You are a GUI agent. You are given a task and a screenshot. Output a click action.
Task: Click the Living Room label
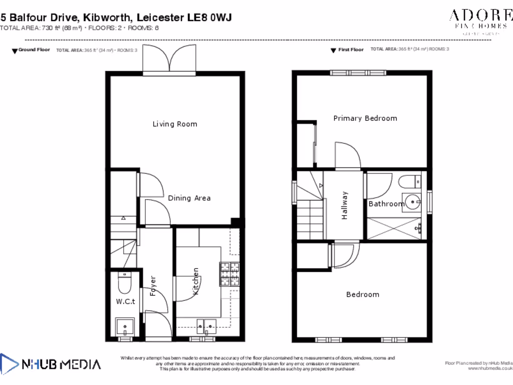click(175, 124)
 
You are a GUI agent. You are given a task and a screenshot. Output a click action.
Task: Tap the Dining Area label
click(189, 198)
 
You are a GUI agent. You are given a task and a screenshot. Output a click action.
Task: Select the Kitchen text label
click(196, 281)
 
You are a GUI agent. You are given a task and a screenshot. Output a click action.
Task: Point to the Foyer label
click(153, 286)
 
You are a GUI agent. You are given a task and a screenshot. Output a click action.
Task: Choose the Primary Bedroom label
click(365, 118)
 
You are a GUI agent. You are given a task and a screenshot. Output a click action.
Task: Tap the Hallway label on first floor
click(345, 206)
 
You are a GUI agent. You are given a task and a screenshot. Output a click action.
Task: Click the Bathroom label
click(386, 204)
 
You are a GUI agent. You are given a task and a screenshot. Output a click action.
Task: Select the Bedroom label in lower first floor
click(363, 294)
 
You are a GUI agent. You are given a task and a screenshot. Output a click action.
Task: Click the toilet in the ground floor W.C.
click(123, 284)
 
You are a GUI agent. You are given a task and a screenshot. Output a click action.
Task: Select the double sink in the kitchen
click(205, 326)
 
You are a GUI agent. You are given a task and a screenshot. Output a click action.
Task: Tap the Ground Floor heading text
click(34, 50)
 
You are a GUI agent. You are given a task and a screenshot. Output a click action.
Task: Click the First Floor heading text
click(351, 50)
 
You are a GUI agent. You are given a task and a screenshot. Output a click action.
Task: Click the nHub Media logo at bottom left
click(50, 363)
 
